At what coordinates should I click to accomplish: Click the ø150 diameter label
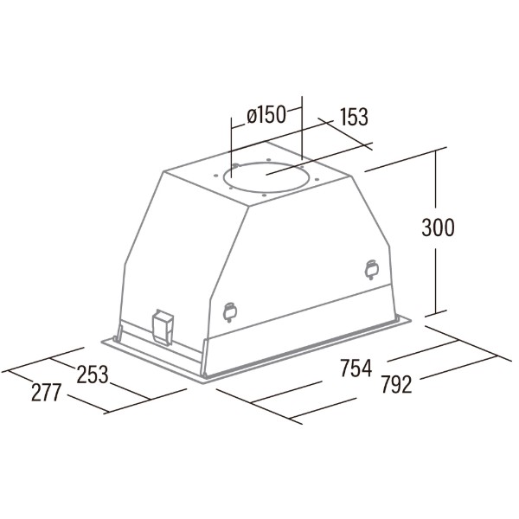(266, 115)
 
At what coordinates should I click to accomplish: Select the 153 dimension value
(354, 117)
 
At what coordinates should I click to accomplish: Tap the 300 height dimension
(438, 227)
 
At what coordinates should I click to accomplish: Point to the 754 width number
(356, 368)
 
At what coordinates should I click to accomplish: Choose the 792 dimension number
(396, 384)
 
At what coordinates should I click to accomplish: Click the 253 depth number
(93, 374)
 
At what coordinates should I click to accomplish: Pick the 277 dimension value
(47, 392)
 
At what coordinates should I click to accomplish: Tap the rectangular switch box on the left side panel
(163, 328)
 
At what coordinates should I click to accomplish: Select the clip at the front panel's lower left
(230, 311)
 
